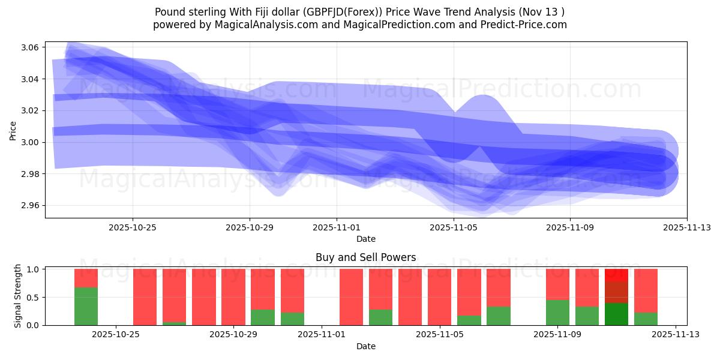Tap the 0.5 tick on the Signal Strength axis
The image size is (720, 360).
(34, 297)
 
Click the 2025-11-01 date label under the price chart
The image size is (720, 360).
(337, 227)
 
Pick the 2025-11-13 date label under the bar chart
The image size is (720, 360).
(676, 335)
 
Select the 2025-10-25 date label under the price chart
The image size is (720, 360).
(133, 227)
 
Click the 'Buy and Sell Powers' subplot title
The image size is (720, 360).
(365, 257)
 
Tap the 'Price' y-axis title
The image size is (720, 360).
(13, 130)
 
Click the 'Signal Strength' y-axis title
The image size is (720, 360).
(18, 296)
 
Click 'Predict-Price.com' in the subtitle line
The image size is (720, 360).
(523, 25)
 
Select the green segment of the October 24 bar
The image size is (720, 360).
(86, 306)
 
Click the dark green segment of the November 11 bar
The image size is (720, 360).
(616, 314)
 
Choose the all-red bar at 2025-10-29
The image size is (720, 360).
(233, 297)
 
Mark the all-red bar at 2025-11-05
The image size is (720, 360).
(439, 297)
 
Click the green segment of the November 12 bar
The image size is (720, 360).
(646, 319)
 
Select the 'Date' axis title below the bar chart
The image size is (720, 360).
(365, 346)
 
